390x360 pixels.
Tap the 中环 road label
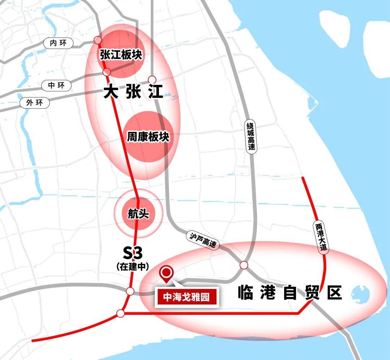tap(56, 86)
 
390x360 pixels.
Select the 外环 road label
tap(34, 103)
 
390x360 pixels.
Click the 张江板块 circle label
tap(121, 55)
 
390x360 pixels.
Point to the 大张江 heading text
tap(133, 92)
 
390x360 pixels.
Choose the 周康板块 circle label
tap(148, 137)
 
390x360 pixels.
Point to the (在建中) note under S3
tap(133, 267)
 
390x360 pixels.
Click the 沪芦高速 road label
tap(203, 240)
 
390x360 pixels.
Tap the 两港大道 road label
tap(321, 237)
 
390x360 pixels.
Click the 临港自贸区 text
tap(290, 293)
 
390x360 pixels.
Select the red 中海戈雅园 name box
tap(187, 298)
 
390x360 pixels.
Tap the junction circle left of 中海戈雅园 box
tap(130, 291)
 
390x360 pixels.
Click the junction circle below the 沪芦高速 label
tap(244, 265)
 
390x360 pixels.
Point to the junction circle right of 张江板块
tap(152, 79)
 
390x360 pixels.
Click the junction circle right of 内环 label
tap(97, 40)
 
